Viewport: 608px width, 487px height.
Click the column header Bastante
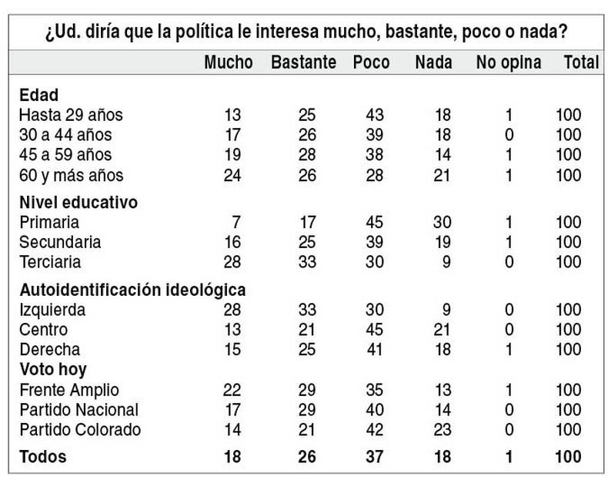[x=303, y=62]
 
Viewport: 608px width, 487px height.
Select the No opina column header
[x=508, y=62]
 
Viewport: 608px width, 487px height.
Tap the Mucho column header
[x=228, y=62]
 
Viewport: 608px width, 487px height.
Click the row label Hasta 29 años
[x=71, y=116]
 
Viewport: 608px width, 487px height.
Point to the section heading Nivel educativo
[x=78, y=203]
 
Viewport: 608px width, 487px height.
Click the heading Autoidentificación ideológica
[x=132, y=291]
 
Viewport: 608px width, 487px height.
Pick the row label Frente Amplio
[x=69, y=389]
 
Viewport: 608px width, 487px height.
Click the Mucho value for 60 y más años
[x=232, y=175]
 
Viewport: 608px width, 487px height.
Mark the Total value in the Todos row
[x=569, y=457]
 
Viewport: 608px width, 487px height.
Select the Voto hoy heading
[x=53, y=369]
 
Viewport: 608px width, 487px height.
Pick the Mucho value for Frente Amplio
[x=232, y=389]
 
